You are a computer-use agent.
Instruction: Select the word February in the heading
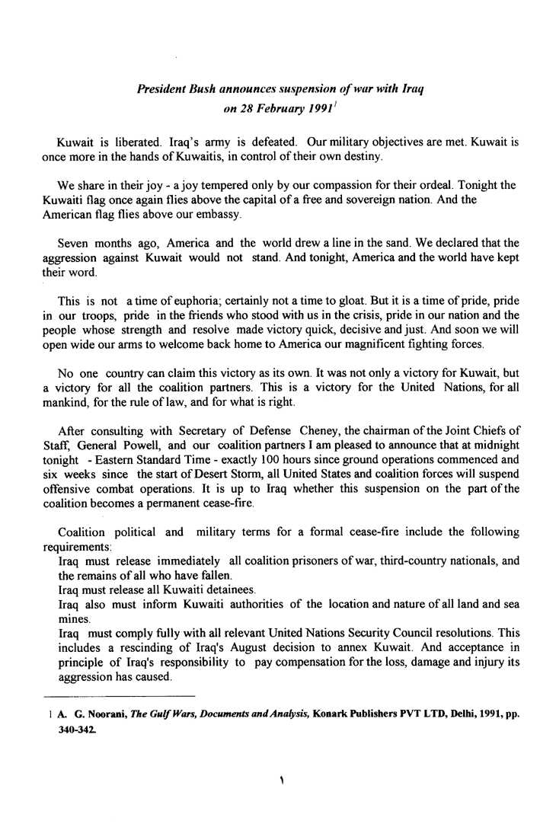277,108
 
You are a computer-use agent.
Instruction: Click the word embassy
219,217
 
